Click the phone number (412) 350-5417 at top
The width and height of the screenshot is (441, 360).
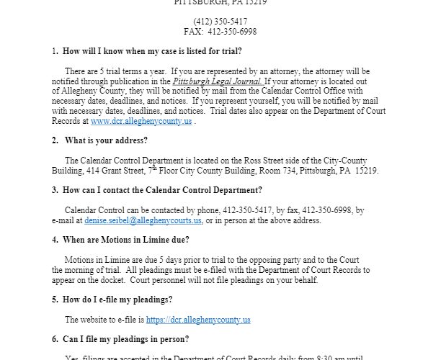click(x=220, y=22)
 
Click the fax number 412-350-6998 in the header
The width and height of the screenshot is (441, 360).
click(x=233, y=32)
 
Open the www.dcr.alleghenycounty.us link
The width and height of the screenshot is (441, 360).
click(x=132, y=122)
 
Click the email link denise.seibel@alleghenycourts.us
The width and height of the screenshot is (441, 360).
click(x=143, y=220)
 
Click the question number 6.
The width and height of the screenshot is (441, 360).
click(x=55, y=338)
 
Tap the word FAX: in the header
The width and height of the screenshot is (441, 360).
click(x=196, y=32)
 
